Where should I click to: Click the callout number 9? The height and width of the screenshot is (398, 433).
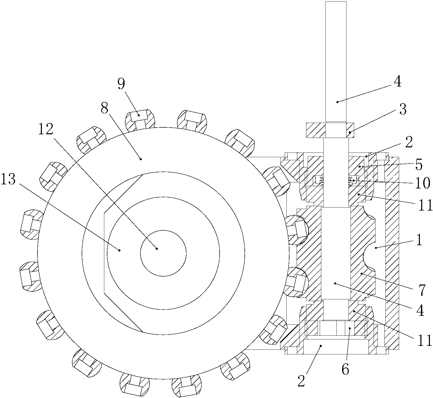click(x=121, y=84)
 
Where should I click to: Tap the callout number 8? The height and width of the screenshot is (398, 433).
click(x=104, y=109)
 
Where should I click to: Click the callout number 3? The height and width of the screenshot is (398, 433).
click(x=403, y=110)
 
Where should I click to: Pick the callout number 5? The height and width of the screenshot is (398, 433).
click(x=418, y=165)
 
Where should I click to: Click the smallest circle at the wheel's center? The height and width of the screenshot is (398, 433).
click(x=163, y=253)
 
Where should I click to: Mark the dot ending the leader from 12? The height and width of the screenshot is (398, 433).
click(x=157, y=248)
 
